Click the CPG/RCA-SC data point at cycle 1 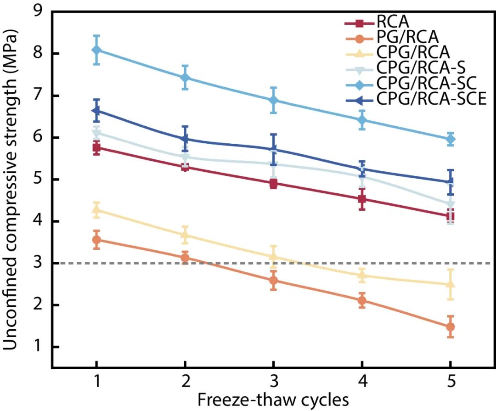(x=96, y=50)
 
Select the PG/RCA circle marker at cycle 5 (x=451, y=327)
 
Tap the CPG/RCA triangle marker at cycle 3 (x=274, y=257)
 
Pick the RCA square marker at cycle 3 (x=274, y=184)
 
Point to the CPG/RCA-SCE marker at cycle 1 (x=96, y=111)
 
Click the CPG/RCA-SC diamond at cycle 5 (x=451, y=139)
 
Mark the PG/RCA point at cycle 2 (x=185, y=258)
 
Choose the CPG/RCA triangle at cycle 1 (x=96, y=210)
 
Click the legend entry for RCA (x=392, y=21)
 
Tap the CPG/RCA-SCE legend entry (x=431, y=99)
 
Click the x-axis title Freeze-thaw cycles (x=273, y=400)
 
